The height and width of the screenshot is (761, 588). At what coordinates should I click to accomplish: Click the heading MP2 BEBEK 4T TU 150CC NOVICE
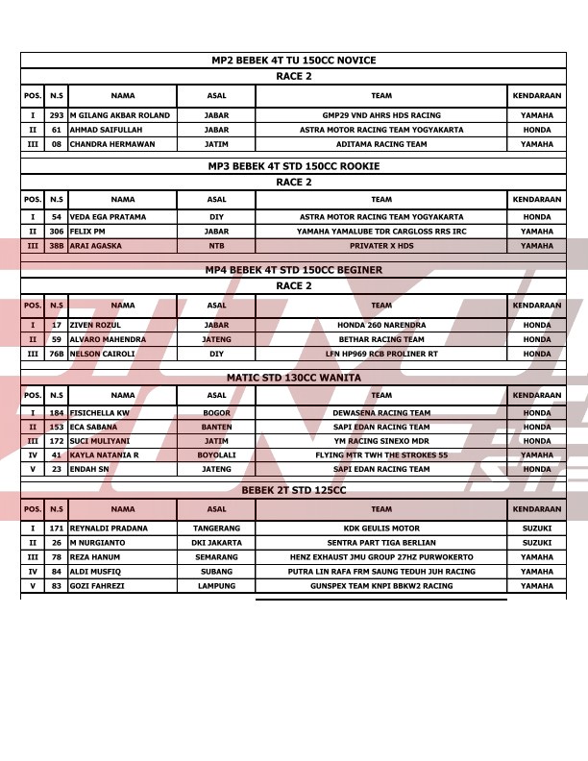pyautogui.click(x=293, y=61)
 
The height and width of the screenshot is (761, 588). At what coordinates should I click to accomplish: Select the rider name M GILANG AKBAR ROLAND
pyautogui.click(x=119, y=115)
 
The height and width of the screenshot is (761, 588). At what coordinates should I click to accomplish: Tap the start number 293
pyautogui.click(x=57, y=115)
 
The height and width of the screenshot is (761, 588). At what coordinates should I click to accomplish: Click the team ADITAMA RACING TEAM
pyautogui.click(x=381, y=144)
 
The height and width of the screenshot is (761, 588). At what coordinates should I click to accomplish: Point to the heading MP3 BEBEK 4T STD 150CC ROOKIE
pyautogui.click(x=293, y=166)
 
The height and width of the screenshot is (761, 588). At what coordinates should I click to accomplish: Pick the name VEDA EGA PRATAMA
pyautogui.click(x=108, y=217)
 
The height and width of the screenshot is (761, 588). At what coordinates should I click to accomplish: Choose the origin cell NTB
pyautogui.click(x=216, y=246)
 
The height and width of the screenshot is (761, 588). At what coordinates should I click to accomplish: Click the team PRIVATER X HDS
pyautogui.click(x=381, y=246)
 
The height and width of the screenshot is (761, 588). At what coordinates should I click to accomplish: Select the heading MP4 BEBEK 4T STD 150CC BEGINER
pyautogui.click(x=293, y=270)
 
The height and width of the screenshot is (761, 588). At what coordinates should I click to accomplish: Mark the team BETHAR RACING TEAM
pyautogui.click(x=381, y=339)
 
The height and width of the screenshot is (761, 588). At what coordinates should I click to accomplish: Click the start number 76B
pyautogui.click(x=57, y=354)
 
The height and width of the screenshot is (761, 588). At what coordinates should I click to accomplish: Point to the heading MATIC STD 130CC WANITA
pyautogui.click(x=293, y=378)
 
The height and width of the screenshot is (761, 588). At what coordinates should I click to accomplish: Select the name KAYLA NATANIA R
pyautogui.click(x=104, y=455)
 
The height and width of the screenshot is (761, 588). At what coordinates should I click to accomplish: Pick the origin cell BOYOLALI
pyautogui.click(x=216, y=455)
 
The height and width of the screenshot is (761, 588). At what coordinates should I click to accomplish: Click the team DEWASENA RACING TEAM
pyautogui.click(x=381, y=413)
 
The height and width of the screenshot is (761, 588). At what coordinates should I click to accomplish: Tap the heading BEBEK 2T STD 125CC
pyautogui.click(x=293, y=490)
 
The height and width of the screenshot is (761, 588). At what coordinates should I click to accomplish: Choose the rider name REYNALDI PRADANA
pyautogui.click(x=109, y=528)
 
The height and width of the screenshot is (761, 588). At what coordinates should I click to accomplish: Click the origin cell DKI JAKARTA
pyautogui.click(x=216, y=543)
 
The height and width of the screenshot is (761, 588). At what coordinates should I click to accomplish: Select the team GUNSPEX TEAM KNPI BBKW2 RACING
pyautogui.click(x=381, y=586)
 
